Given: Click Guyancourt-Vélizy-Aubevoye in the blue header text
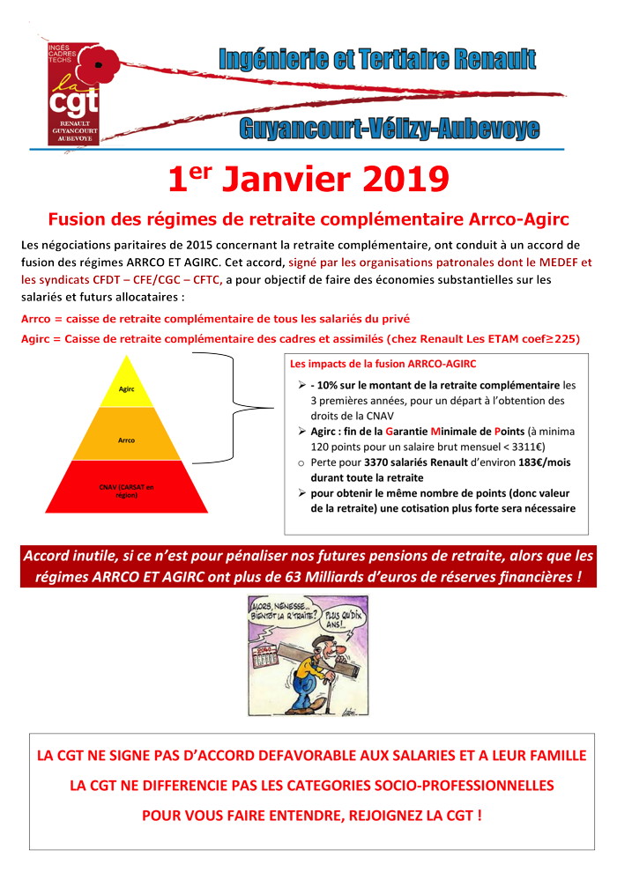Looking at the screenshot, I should tap(389, 129).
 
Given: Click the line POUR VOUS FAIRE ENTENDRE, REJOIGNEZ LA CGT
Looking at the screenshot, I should tap(311, 815).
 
